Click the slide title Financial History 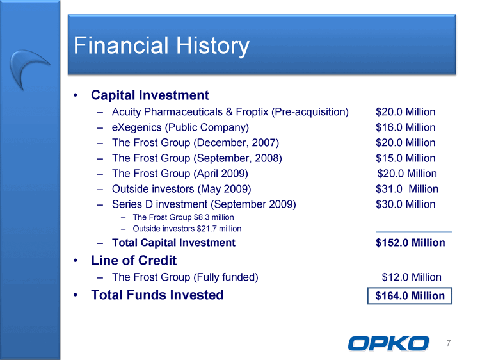click(x=161, y=46)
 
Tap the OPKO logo click(x=388, y=343)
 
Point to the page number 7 click(x=449, y=343)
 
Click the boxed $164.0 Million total click(x=410, y=296)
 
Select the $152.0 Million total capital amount click(x=410, y=243)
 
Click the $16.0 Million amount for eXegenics click(x=405, y=127)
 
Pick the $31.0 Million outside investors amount click(x=407, y=189)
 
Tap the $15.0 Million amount click(x=405, y=158)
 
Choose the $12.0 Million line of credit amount click(x=412, y=277)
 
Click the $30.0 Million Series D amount click(x=405, y=204)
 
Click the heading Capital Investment click(x=150, y=95)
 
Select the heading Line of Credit click(x=134, y=261)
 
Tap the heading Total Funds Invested click(x=157, y=295)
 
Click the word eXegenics click(x=136, y=127)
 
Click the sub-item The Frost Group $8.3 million click(x=183, y=217)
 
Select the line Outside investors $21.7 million click(x=187, y=229)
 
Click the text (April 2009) click(x=220, y=174)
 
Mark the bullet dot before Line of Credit click(x=76, y=261)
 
